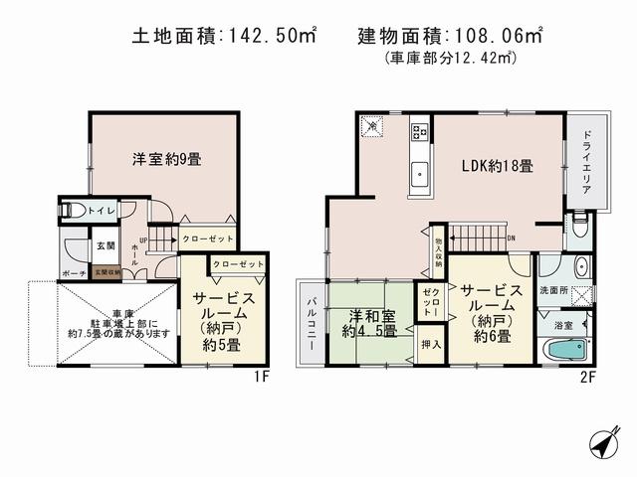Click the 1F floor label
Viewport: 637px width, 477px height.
tap(262, 378)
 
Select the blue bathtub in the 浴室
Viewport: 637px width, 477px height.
tap(564, 350)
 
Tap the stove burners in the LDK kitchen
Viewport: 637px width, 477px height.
tap(419, 131)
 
